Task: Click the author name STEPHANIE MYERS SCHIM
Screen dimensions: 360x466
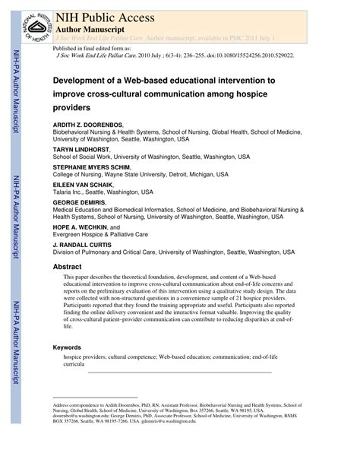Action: pyautogui.click(x=91, y=166)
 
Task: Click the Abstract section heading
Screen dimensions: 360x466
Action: pyautogui.click(x=68, y=268)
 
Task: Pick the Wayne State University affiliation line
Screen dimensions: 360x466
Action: pyautogui.click(x=140, y=174)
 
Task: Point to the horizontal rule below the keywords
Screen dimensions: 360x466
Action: pyautogui.click(x=179, y=372)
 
